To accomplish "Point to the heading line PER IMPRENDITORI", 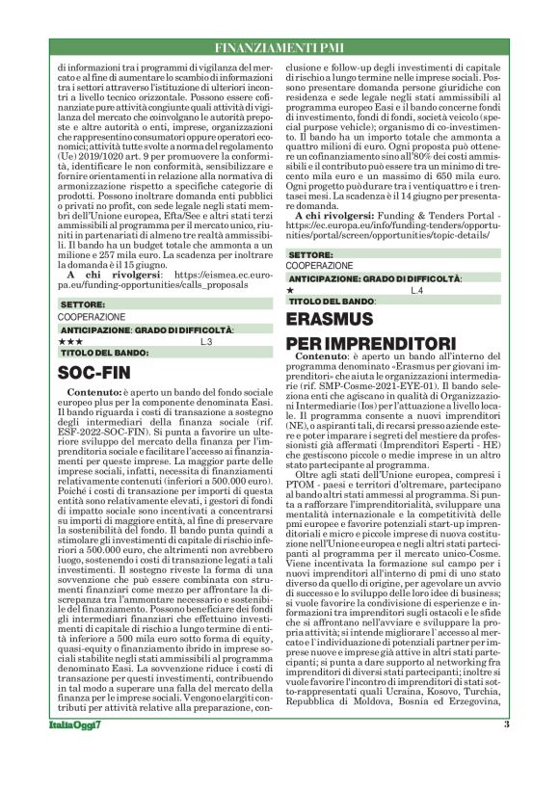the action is pyautogui.click(x=371, y=343).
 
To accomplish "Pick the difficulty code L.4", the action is pyautogui.click(x=416, y=290).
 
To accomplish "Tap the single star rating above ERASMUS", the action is pyautogui.click(x=291, y=290).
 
